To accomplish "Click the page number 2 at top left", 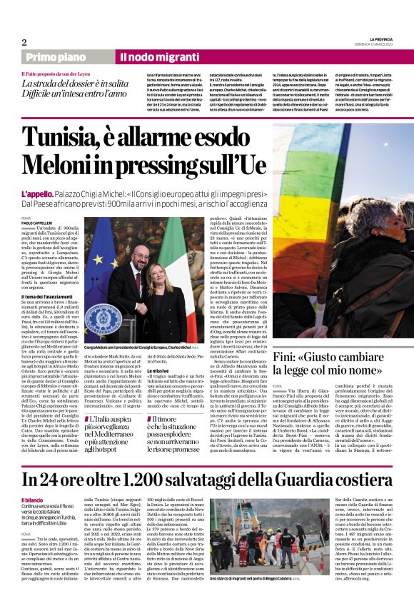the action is point(24,42).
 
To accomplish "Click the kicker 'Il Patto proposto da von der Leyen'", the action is point(59,74).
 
